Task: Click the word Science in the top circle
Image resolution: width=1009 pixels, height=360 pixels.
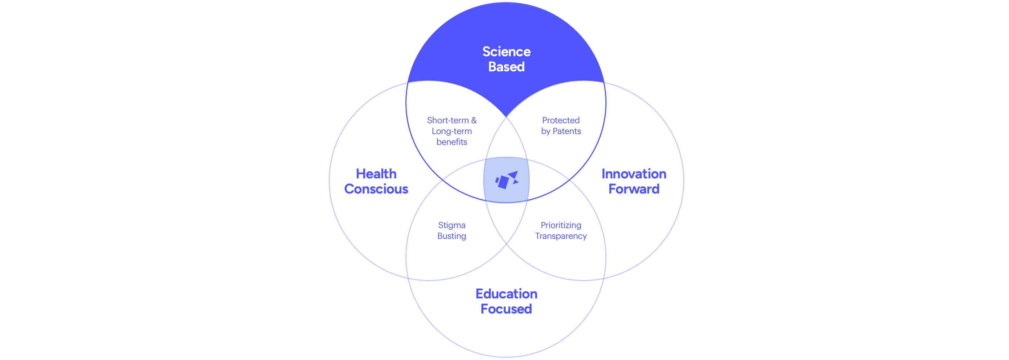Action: tap(506, 52)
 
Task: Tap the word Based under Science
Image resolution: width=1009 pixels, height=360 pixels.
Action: tap(506, 67)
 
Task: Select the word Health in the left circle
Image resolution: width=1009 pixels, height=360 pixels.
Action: tap(376, 174)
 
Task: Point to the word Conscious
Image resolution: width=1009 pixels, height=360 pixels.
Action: tap(376, 189)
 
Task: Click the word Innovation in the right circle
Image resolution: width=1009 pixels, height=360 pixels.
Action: tap(634, 174)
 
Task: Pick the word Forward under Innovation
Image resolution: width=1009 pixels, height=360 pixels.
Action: tap(634, 189)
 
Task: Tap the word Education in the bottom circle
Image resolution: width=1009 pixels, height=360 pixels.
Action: tap(506, 294)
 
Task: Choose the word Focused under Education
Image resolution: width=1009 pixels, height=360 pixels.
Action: tap(506, 309)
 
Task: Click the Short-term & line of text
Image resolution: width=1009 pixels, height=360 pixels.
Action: tap(452, 120)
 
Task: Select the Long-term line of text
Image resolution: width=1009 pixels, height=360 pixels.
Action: tap(452, 131)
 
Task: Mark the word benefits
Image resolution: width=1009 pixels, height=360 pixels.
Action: tap(452, 142)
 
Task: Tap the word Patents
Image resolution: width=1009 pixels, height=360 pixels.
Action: tap(566, 131)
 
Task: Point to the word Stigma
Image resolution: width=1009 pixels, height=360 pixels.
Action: tap(452, 225)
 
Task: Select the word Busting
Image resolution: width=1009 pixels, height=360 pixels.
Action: tap(452, 236)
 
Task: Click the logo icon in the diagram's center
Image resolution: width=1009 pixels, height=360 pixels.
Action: tap(506, 180)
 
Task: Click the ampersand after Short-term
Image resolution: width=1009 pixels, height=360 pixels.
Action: tap(474, 120)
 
